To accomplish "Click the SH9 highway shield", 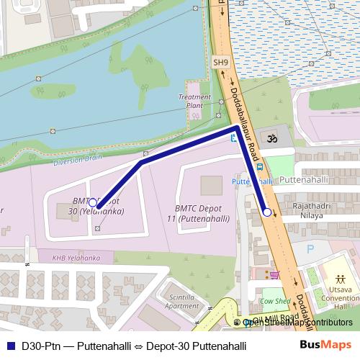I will [220, 63].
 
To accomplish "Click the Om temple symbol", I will [273, 138].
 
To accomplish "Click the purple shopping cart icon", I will [274, 275].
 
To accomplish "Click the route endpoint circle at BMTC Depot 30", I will [94, 204].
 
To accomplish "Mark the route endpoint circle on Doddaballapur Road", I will [267, 212].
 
